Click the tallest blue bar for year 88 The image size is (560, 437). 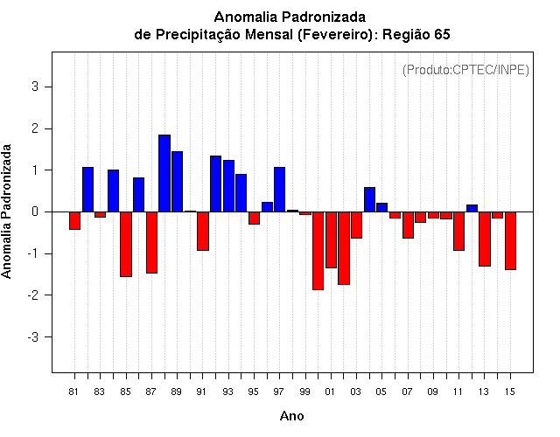click(164, 173)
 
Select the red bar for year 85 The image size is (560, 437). click(126, 244)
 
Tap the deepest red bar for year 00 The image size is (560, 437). click(318, 251)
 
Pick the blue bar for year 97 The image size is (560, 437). click(279, 190)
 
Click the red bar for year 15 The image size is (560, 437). click(510, 241)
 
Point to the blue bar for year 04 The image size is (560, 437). click(369, 199)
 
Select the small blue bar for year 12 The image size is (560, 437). click(472, 208)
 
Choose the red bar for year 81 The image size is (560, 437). click(74, 220)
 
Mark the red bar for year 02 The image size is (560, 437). click(344, 248)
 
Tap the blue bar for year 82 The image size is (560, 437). click(87, 190)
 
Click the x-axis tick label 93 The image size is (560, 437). click(227, 392)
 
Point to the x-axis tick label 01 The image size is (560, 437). click(330, 392)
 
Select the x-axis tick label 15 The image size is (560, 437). click(510, 392)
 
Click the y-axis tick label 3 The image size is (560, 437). click(35, 87)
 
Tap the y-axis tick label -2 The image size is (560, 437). click(33, 295)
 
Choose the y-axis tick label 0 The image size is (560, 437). click(35, 212)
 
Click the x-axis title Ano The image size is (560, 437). click(291, 416)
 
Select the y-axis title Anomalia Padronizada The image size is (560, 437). click(6, 212)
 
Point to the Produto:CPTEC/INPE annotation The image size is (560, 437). click(465, 70)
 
